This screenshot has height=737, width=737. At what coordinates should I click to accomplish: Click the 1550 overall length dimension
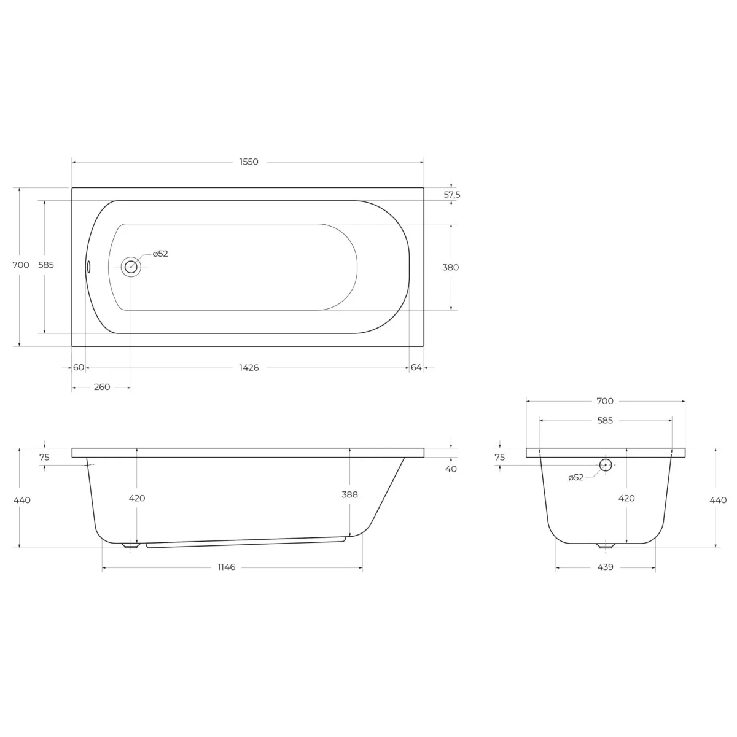click(249, 162)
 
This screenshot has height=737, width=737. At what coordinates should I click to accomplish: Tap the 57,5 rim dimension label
click(451, 195)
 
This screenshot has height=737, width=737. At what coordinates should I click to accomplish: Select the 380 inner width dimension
click(451, 267)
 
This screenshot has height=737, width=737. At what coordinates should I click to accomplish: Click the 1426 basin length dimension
click(249, 367)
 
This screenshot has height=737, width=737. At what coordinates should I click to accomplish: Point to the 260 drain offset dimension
click(102, 387)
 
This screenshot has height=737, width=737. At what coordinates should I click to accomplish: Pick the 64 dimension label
click(416, 367)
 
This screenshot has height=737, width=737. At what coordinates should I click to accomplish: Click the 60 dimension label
click(79, 367)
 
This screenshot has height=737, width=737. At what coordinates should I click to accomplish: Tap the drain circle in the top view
click(131, 267)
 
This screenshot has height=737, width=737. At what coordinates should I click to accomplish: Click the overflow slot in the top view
click(88, 267)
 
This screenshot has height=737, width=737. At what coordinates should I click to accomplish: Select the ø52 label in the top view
click(160, 254)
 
